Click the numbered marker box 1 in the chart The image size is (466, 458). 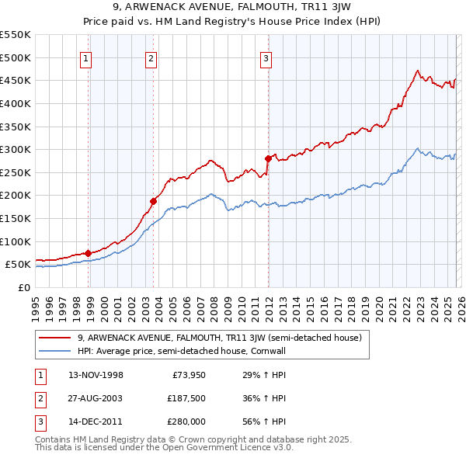[x=85, y=57]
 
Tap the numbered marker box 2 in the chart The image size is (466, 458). [x=151, y=57]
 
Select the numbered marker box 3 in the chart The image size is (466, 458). [x=266, y=57]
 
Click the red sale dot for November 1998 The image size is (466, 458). [x=88, y=253]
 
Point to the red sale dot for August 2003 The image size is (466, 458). [x=154, y=201]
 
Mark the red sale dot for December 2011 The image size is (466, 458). [x=268, y=158]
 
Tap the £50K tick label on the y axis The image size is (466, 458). [x=18, y=265]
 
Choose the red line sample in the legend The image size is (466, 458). [x=56, y=338]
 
